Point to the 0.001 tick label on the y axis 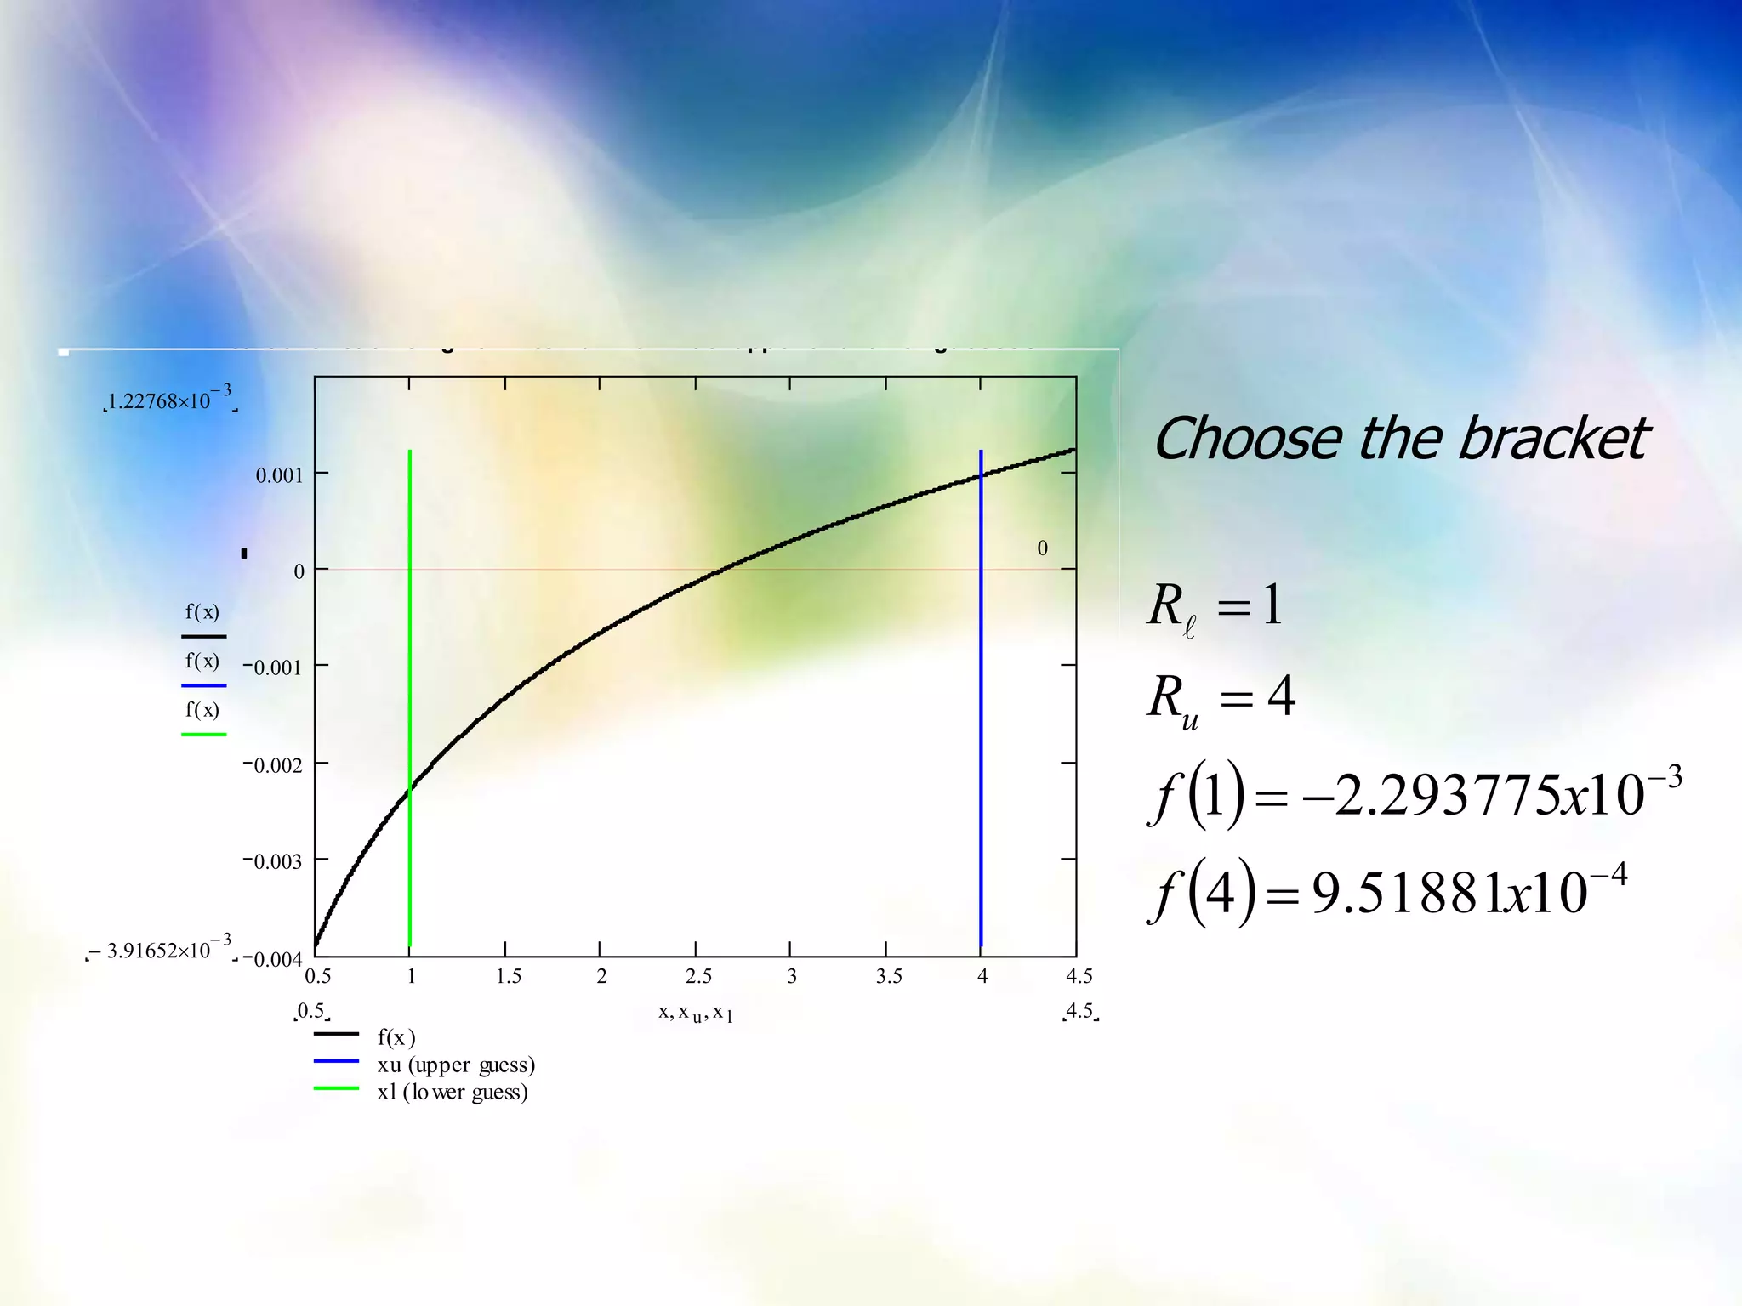pos(279,475)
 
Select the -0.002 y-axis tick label pos(273,765)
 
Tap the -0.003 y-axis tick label pos(273,861)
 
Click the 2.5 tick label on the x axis pos(698,976)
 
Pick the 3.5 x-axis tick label pos(889,976)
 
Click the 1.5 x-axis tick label pos(509,976)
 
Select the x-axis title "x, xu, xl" pos(695,1013)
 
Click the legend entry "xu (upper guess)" pos(456,1065)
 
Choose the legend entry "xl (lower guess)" pos(453,1092)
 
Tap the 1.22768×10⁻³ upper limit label pos(169,400)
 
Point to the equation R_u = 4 pos(1221,698)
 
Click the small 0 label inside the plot pos(1042,548)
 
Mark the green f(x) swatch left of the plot pos(203,733)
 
